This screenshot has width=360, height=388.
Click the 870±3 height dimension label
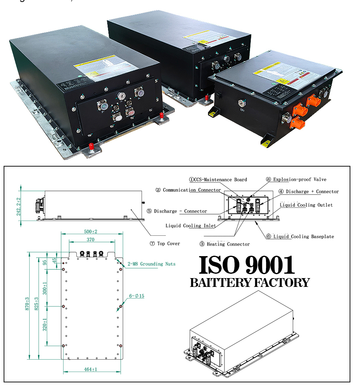27,304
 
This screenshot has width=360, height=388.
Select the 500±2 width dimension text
90,231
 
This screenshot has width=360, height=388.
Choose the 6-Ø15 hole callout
136,296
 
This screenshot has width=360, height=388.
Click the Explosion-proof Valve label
296,179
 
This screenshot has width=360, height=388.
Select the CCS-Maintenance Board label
218,179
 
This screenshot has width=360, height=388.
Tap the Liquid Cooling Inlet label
191,226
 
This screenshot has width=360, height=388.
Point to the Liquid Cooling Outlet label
306,205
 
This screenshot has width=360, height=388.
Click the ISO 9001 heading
247,265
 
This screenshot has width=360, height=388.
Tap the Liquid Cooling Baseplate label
303,237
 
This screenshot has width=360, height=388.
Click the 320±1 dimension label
45,324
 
